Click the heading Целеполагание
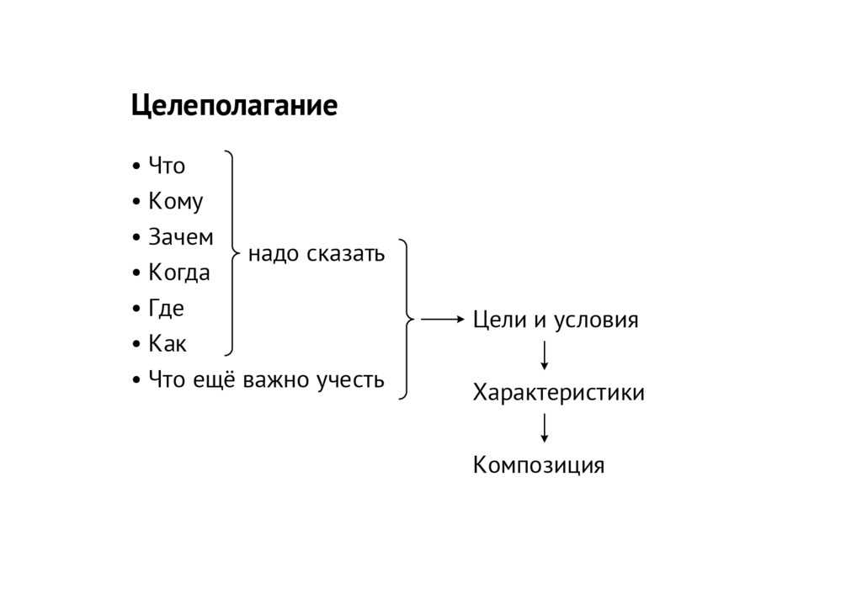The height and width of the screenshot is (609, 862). [x=233, y=108]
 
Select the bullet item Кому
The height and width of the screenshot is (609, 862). [x=175, y=203]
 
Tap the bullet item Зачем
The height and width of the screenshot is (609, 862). [x=180, y=238]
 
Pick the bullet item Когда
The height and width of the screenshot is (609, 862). [x=178, y=273]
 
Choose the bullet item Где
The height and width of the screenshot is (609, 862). [x=165, y=309]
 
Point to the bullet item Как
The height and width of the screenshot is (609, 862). [x=168, y=344]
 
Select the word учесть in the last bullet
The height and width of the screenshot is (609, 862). [x=349, y=380]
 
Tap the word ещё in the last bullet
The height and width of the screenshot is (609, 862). [x=214, y=380]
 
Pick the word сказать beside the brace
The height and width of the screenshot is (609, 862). [x=345, y=253]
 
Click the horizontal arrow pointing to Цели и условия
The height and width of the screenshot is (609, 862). [x=442, y=320]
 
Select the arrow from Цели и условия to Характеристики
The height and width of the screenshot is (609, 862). [x=545, y=355]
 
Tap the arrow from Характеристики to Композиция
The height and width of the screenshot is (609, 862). [x=545, y=427]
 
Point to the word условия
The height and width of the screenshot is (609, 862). [x=597, y=320]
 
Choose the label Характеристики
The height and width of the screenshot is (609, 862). [x=559, y=393]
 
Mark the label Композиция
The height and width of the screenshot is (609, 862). [x=539, y=465]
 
